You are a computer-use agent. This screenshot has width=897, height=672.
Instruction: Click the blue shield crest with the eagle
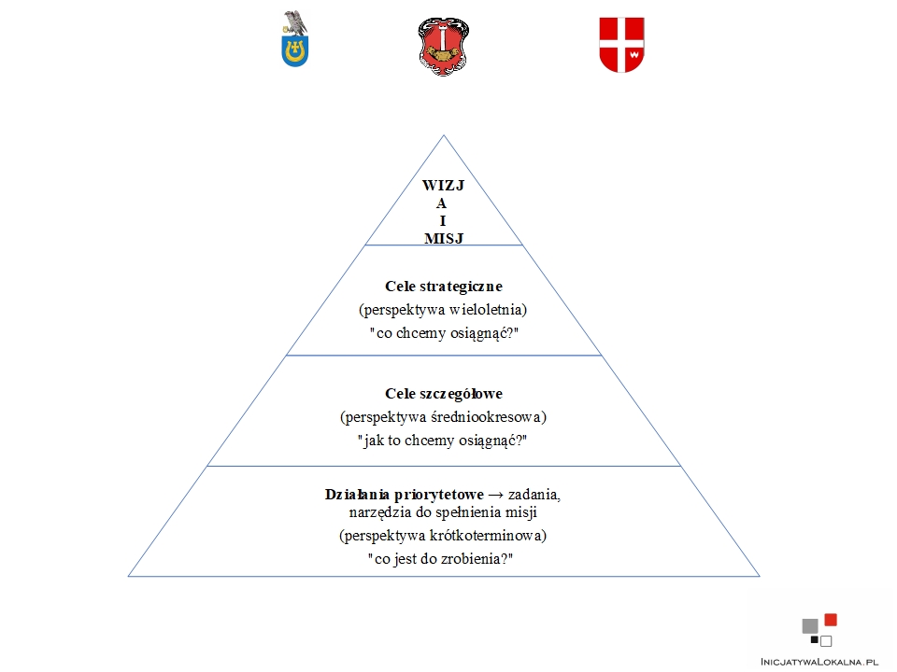(295, 39)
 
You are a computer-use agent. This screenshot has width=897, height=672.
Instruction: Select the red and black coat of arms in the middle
(443, 47)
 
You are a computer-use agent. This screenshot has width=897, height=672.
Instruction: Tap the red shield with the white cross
(622, 45)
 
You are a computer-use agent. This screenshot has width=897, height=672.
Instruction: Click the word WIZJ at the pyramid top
(443, 185)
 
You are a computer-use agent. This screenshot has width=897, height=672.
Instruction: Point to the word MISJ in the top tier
(443, 238)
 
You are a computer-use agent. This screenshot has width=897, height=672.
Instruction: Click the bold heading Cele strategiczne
(443, 286)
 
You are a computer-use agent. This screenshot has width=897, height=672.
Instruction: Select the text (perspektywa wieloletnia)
(443, 310)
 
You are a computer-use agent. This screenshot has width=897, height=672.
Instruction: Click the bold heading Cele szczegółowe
(443, 393)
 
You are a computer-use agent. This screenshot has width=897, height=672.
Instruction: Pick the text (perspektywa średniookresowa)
(443, 417)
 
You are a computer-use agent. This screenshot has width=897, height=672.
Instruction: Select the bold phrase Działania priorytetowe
(404, 495)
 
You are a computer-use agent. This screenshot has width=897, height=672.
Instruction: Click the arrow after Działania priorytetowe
(495, 495)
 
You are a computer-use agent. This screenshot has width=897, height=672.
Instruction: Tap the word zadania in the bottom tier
(534, 495)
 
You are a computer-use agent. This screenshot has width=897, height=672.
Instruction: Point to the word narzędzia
(380, 512)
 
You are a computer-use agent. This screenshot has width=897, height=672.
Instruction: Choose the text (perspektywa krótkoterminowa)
(443, 536)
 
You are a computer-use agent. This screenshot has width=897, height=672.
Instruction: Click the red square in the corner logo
(831, 620)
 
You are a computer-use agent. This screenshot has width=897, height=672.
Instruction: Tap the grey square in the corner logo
(810, 626)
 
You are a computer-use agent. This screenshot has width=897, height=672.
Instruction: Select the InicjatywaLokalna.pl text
(819, 662)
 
